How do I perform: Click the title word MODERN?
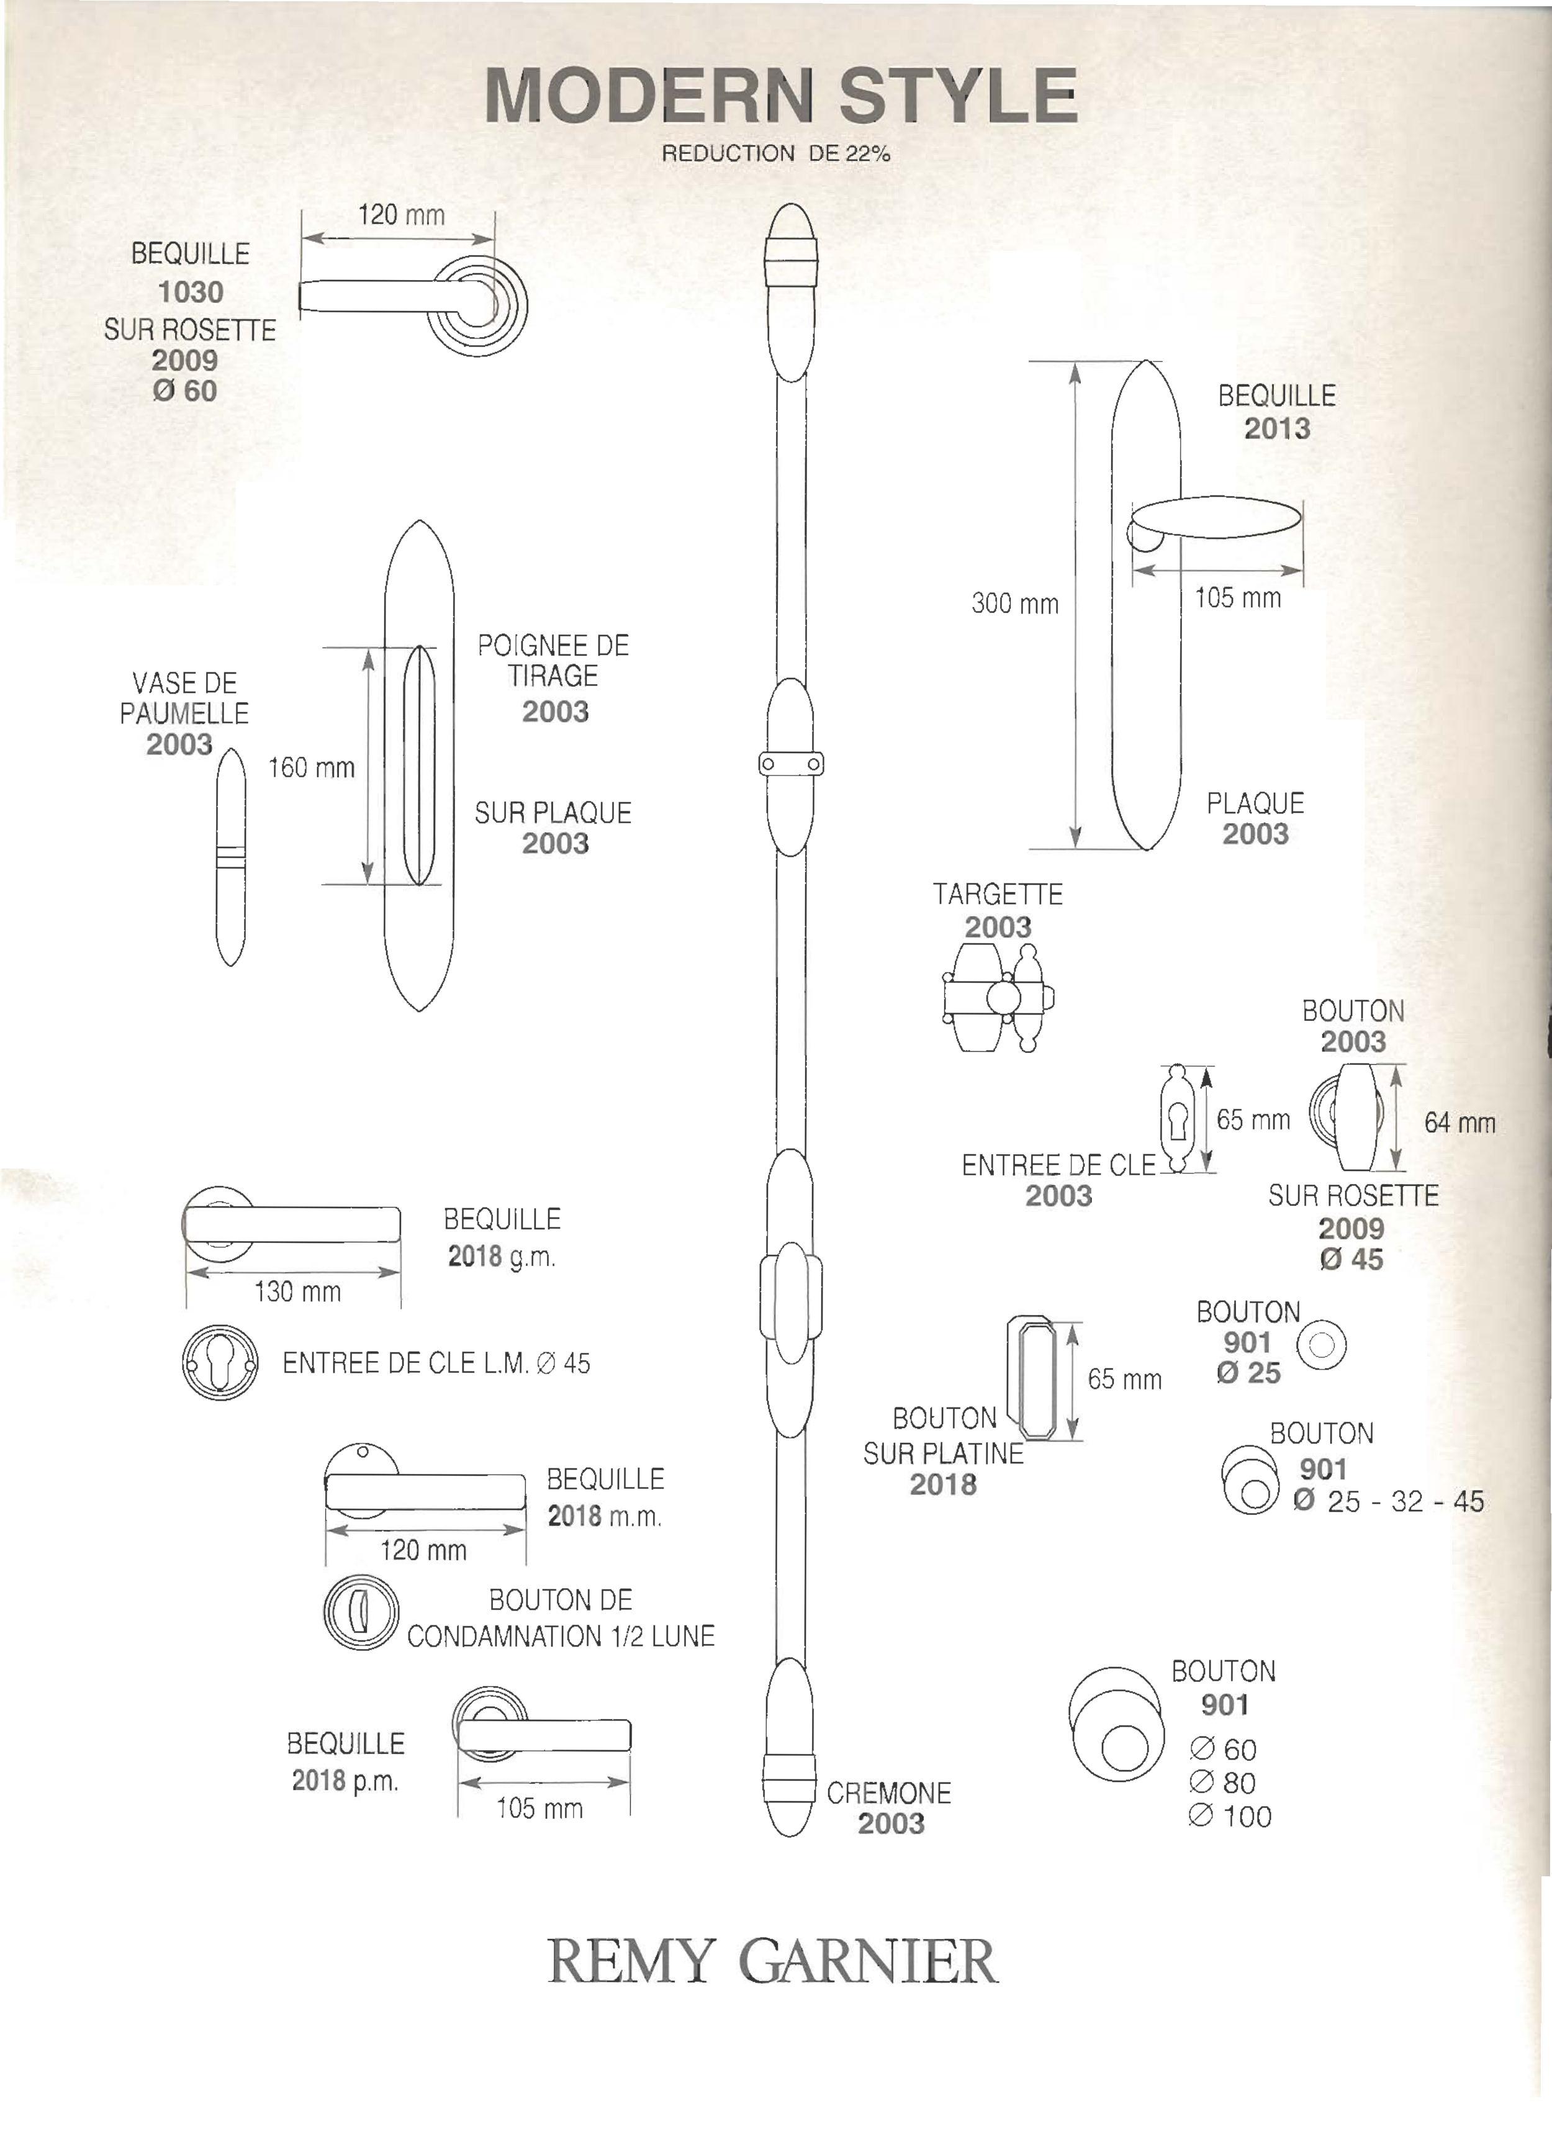click(649, 96)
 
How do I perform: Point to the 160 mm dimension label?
click(311, 768)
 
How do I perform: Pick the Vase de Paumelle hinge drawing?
click(230, 857)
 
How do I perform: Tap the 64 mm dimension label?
click(1460, 1123)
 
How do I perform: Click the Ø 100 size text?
click(1231, 1816)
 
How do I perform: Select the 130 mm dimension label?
click(297, 1291)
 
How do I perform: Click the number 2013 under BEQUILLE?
click(1276, 429)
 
